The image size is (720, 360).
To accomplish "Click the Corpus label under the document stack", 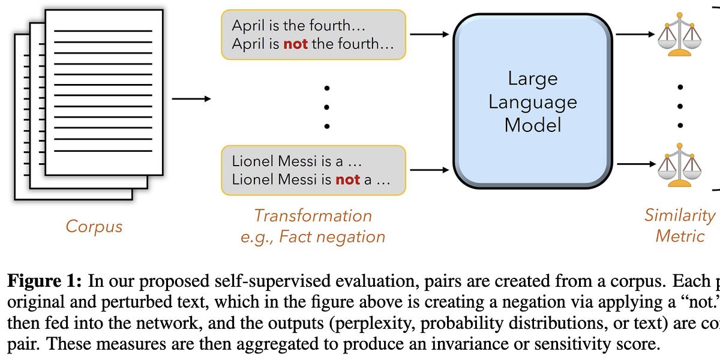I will (94, 226).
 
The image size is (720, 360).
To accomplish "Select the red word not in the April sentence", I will (295, 44).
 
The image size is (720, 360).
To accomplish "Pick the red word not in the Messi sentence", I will (348, 179).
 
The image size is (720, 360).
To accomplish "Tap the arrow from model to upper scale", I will (635, 34).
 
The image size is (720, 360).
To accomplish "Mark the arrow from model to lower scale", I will (635, 163).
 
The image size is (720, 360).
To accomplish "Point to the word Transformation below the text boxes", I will (313, 215).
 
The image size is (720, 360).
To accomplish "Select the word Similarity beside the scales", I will (679, 215).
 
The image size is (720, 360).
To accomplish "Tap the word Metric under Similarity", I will (679, 236).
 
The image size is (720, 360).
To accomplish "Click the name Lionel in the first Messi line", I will (254, 161).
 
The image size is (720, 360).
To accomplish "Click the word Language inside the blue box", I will (532, 101).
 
